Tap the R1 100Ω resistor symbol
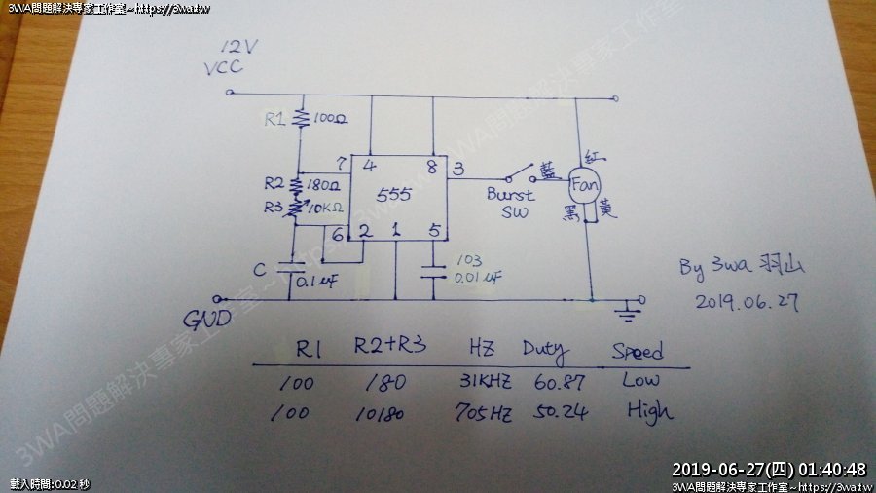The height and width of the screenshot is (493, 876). click(x=301, y=119)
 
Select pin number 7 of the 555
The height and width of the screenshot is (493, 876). click(x=340, y=163)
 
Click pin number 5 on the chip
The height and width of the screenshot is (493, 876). click(x=433, y=231)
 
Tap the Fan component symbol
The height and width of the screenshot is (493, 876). click(x=585, y=183)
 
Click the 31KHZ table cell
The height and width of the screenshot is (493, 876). click(x=482, y=381)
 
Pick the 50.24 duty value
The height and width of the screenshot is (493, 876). click(x=562, y=412)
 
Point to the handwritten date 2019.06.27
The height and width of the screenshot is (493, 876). click(x=746, y=302)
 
